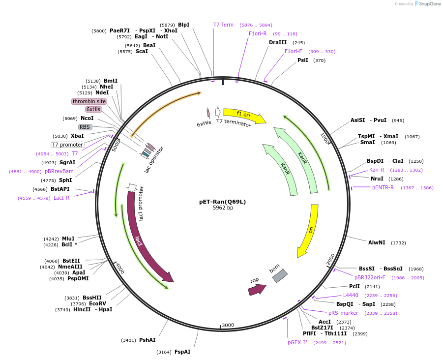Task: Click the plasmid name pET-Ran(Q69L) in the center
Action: click(222, 201)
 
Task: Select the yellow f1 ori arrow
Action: click(244, 115)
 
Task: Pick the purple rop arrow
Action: click(256, 289)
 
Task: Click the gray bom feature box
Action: click(280, 275)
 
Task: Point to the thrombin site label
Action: click(89, 101)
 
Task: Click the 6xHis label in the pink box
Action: click(93, 109)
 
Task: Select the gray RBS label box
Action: click(85, 127)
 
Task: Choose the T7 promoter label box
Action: click(68, 145)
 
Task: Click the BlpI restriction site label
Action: click(183, 25)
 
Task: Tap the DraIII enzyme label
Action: click(278, 42)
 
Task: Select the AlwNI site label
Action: click(377, 242)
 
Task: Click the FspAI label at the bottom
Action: click(182, 352)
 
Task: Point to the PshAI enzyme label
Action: click(147, 340)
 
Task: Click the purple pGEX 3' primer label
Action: click(297, 342)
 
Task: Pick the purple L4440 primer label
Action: click(351, 295)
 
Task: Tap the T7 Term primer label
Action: click(223, 25)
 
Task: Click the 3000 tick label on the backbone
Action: click(228, 325)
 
